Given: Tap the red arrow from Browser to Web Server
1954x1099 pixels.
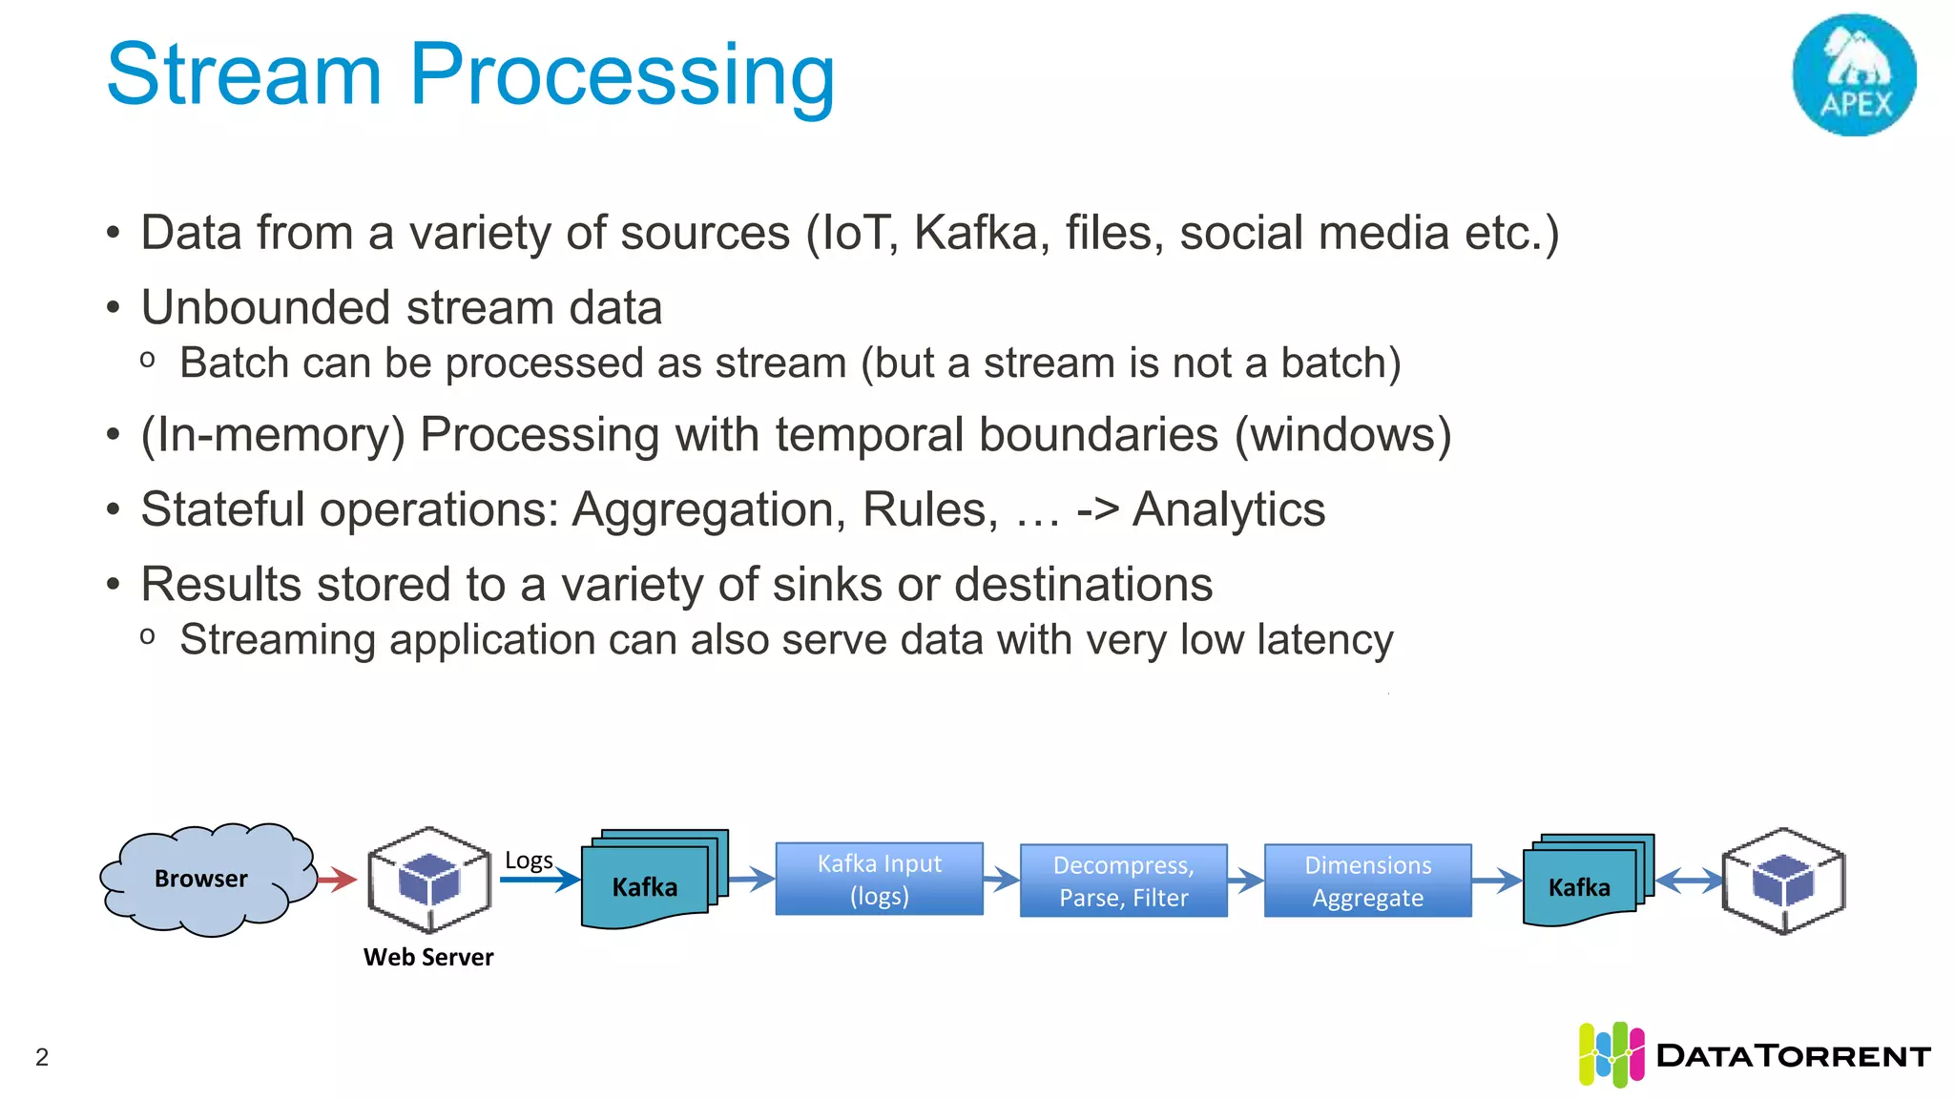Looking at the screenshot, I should tap(336, 879).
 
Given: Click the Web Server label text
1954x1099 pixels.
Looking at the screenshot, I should tap(428, 957).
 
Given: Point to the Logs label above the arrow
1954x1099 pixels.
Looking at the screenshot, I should tap(528, 861).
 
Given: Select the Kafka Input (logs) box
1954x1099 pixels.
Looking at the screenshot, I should tap(879, 880).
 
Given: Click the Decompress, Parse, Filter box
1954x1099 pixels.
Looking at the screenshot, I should tap(1123, 881).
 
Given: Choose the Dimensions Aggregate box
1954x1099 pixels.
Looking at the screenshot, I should tap(1367, 881).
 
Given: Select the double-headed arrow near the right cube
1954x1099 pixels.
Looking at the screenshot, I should tap(1690, 880).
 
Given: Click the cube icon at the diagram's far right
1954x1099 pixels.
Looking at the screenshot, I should tap(1782, 880).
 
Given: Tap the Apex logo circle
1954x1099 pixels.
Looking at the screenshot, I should tap(1854, 75).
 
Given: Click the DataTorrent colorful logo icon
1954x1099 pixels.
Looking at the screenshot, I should tap(1611, 1054).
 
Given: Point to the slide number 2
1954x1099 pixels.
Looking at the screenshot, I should tap(42, 1057).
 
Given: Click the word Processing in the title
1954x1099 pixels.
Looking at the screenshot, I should tap(622, 76).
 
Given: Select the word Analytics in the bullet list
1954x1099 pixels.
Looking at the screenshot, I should tap(1229, 509).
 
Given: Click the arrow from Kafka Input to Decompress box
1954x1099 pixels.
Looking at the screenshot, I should tap(1001, 879).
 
